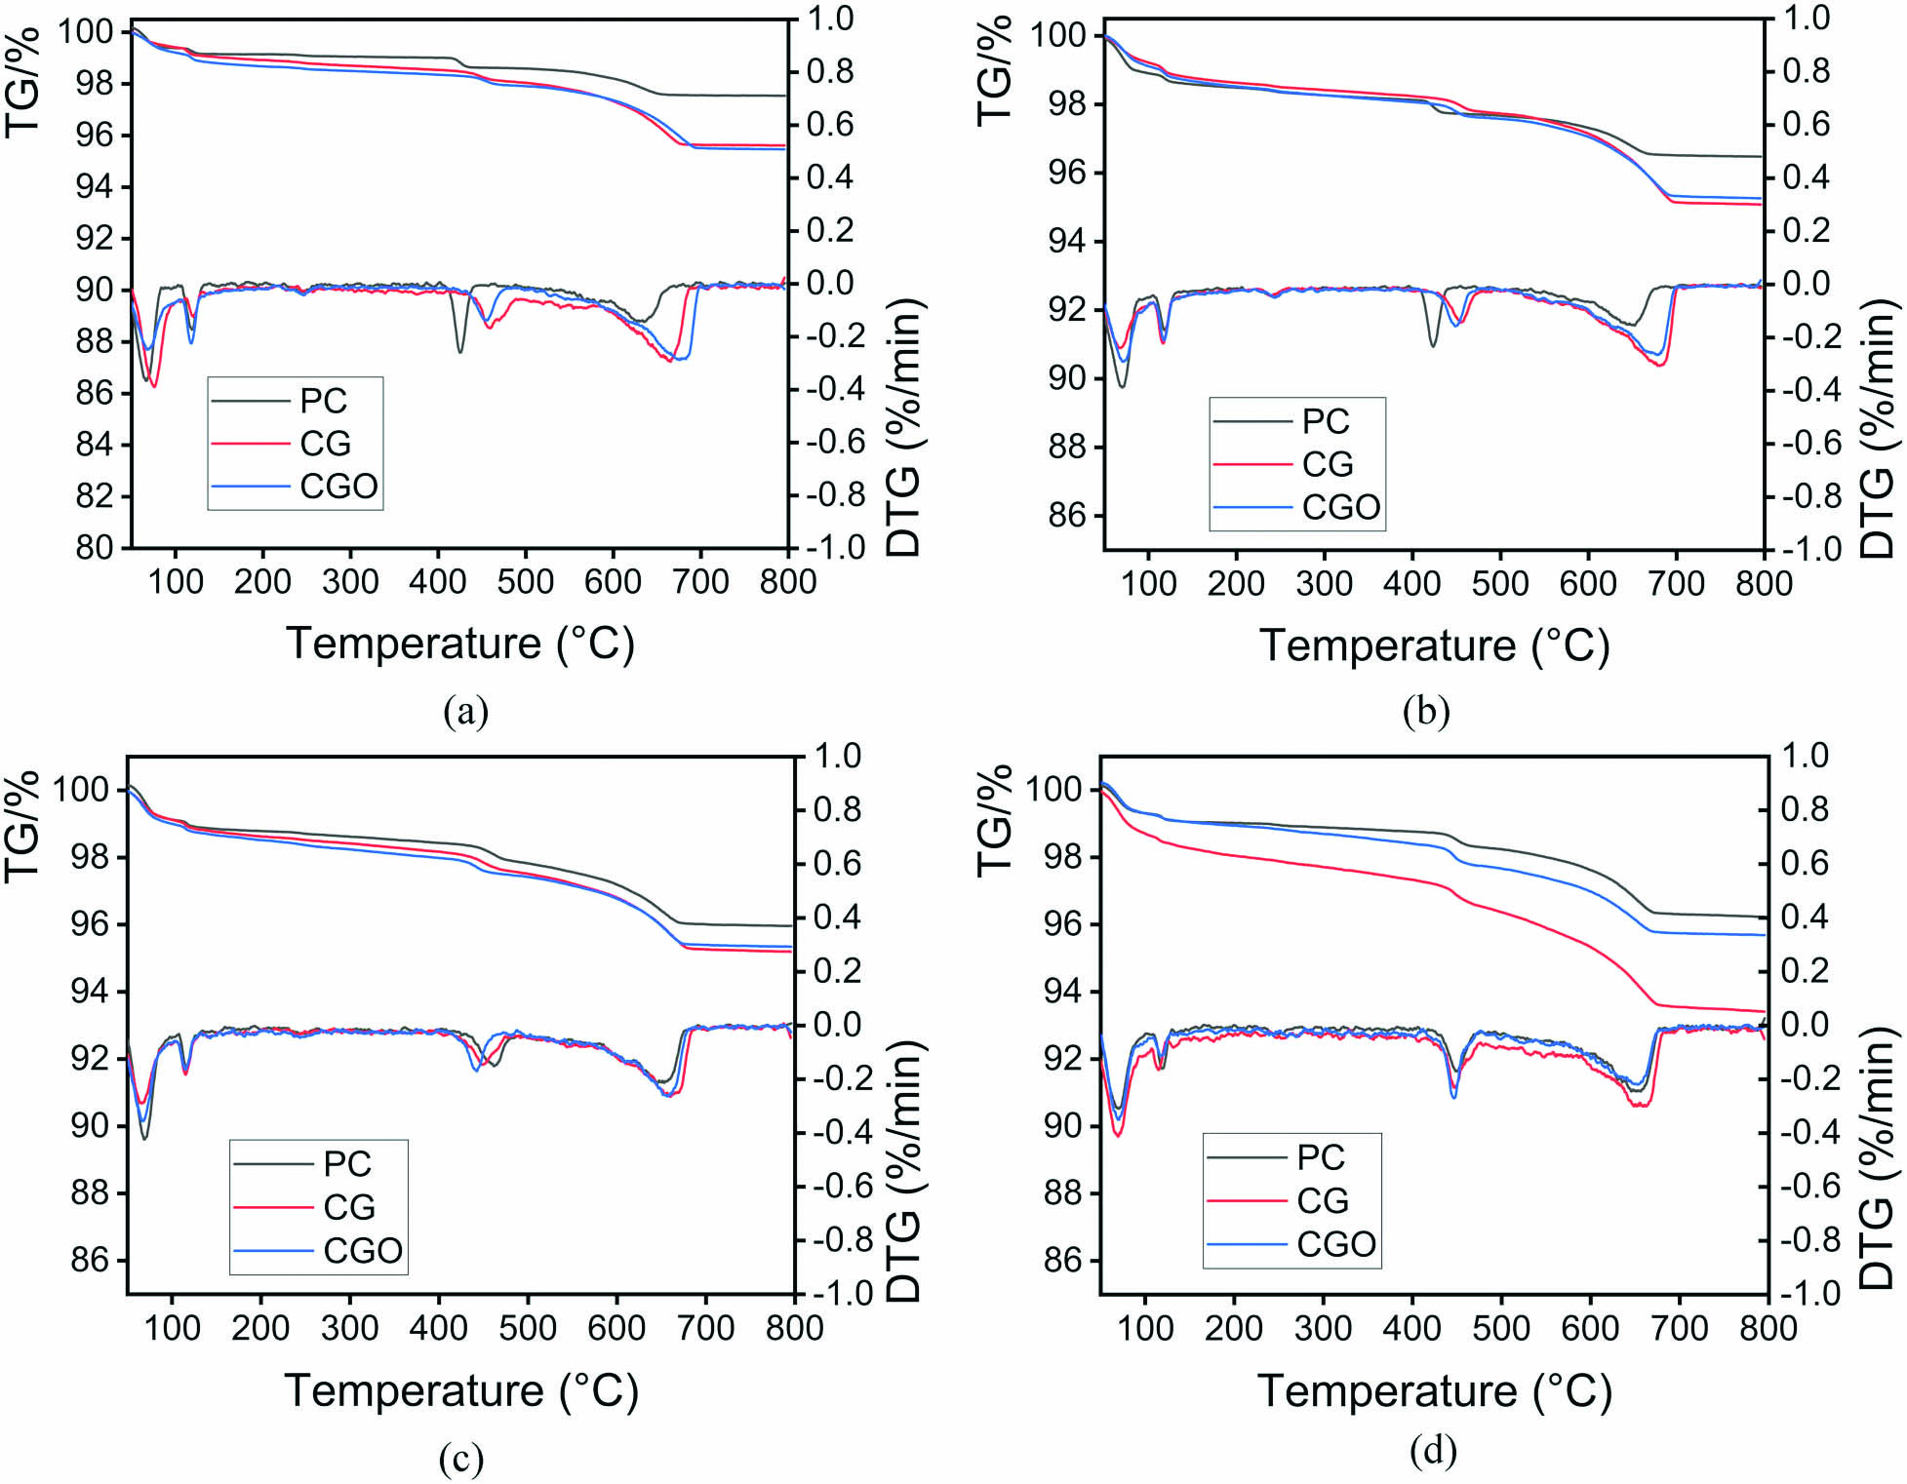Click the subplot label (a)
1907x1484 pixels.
click(465, 711)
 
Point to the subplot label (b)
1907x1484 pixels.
click(1426, 711)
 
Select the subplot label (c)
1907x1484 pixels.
click(461, 1458)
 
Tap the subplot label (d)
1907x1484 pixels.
click(1433, 1452)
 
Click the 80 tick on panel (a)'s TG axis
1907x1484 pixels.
click(96, 548)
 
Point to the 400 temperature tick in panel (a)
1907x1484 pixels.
click(437, 582)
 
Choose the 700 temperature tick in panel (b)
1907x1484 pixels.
click(1676, 584)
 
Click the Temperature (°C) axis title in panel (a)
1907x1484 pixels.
click(459, 644)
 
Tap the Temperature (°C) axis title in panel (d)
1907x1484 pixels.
click(1434, 1390)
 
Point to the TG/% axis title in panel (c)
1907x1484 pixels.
click(23, 825)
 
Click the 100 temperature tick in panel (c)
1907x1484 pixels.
click(173, 1328)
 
